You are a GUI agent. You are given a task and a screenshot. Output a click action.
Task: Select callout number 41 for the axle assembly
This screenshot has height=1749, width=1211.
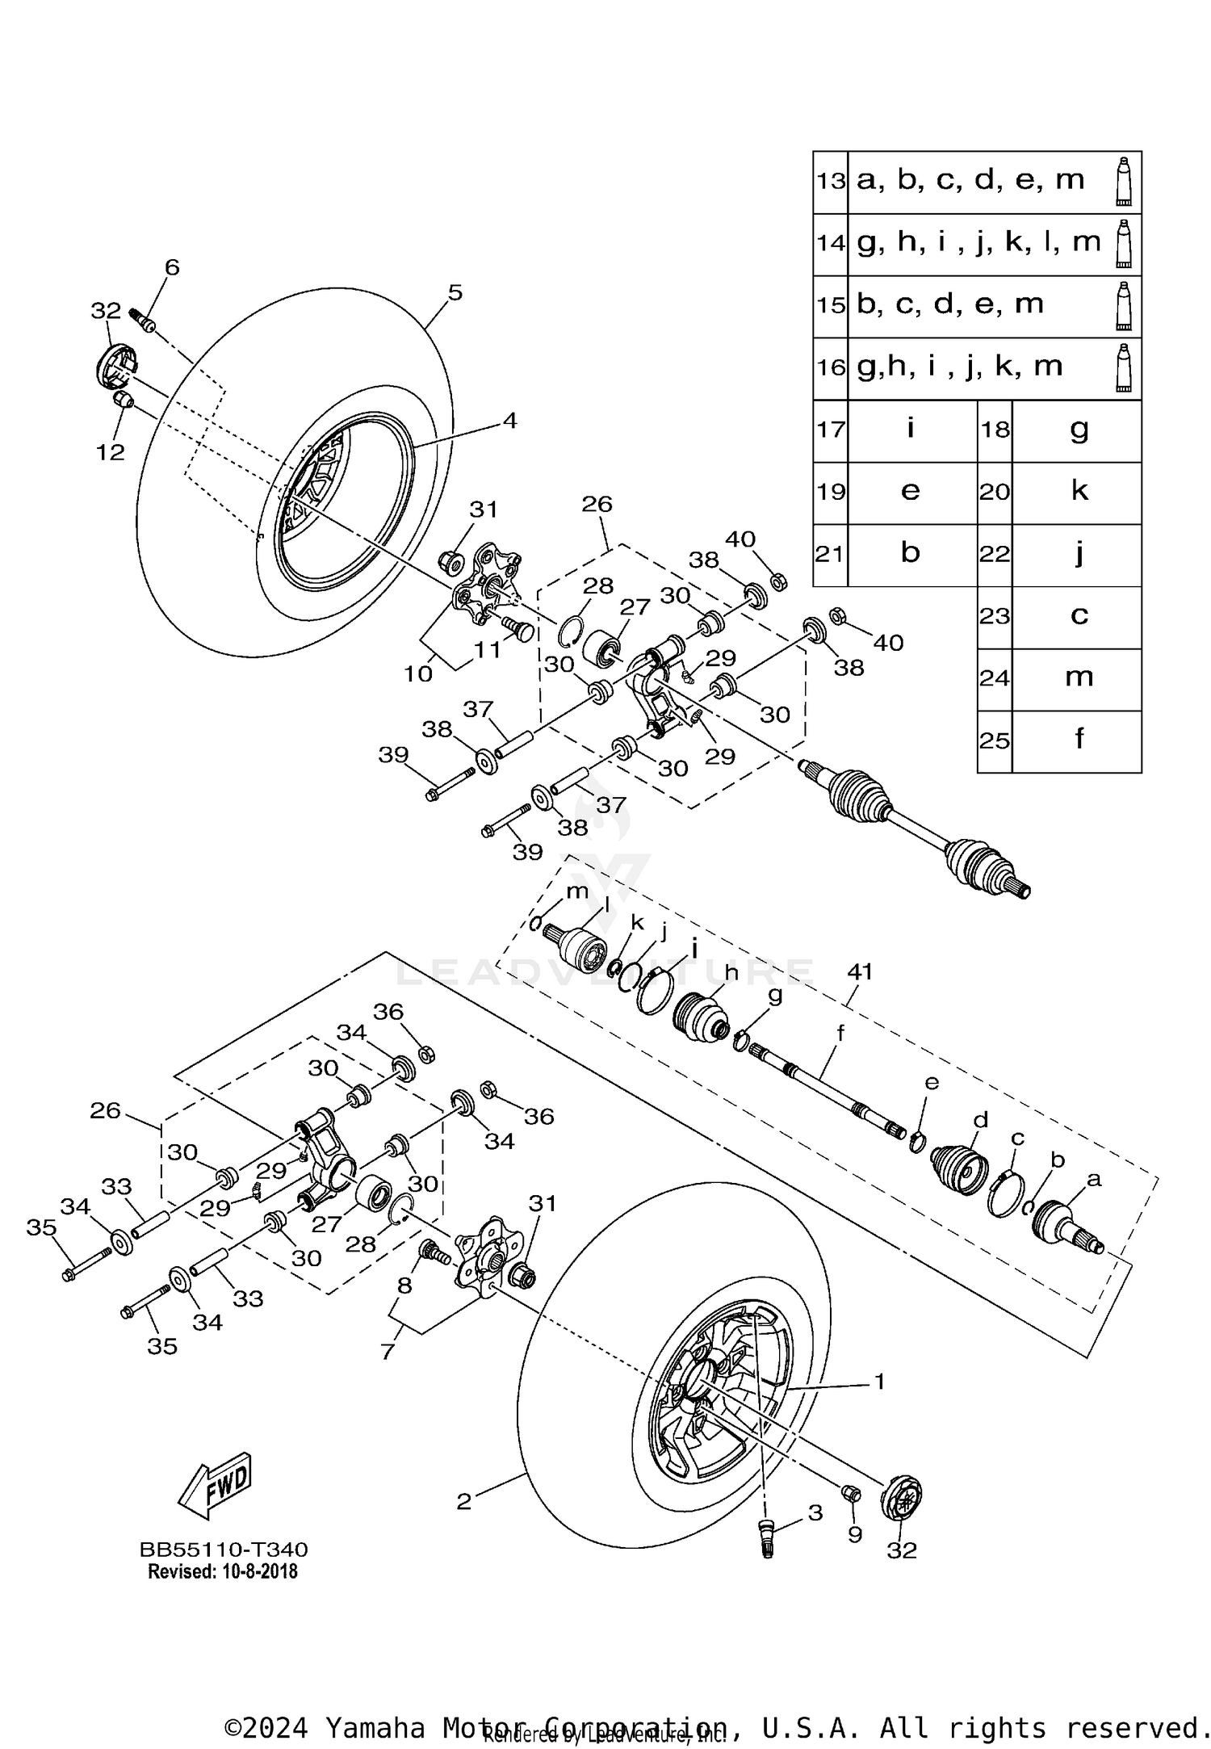tap(859, 971)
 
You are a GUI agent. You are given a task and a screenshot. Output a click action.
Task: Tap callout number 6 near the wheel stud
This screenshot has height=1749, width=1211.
tap(172, 267)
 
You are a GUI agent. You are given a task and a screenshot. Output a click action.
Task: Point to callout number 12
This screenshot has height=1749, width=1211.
tap(111, 452)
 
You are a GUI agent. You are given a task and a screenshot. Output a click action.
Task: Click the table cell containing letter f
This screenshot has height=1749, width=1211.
tap(1079, 738)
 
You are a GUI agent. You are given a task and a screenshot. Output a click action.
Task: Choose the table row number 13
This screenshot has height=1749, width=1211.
tap(830, 181)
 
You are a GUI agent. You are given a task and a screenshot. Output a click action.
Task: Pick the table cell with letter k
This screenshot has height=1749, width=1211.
tap(1079, 490)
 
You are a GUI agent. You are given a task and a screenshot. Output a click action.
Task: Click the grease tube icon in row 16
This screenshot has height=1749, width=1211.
tap(1123, 368)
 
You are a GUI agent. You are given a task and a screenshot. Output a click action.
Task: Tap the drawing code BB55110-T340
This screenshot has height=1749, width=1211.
tap(224, 1550)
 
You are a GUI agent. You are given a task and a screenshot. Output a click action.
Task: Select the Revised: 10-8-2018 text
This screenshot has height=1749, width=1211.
tap(223, 1571)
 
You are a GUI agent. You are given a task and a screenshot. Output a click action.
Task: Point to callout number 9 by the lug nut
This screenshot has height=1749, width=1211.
tap(855, 1534)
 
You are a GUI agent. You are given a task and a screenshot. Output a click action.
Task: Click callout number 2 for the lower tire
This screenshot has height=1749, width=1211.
tap(463, 1502)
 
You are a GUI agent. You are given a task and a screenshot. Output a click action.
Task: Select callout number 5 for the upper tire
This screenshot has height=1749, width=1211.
tap(455, 292)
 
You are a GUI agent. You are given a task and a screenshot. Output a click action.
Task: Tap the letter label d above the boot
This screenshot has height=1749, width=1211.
tap(980, 1120)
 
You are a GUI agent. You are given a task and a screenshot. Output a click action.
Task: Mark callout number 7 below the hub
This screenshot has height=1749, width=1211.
tap(388, 1352)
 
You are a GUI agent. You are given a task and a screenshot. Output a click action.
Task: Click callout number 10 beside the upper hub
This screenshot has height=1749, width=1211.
tap(418, 673)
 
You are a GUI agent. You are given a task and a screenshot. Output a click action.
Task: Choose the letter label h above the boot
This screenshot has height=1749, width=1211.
tap(731, 973)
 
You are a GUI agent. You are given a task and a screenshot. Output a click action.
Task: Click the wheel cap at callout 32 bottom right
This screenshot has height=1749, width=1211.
tap(901, 1499)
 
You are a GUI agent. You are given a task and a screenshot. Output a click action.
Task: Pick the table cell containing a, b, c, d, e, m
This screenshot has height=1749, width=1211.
tap(970, 181)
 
